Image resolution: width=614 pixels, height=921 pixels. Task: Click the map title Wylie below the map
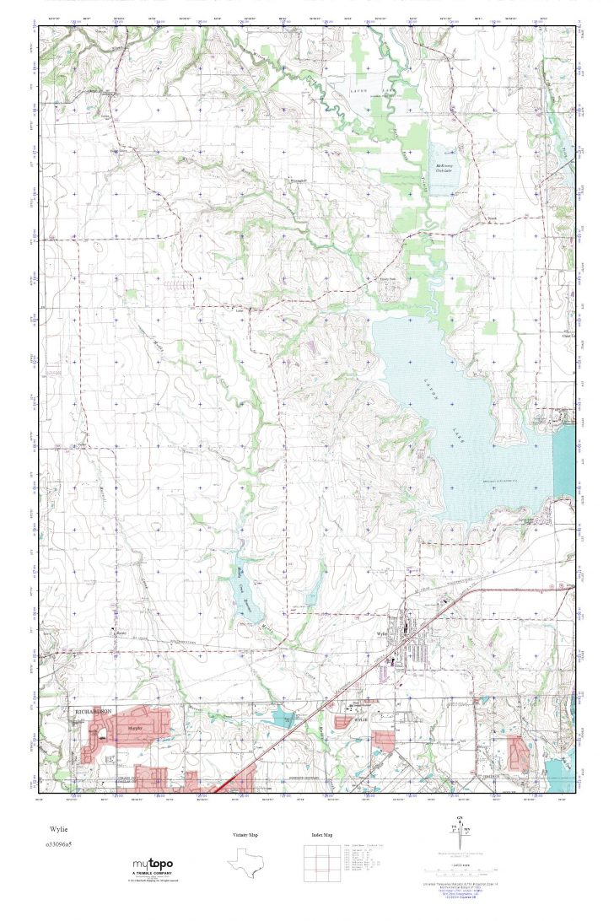(x=58, y=829)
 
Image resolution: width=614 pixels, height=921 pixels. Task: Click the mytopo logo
(x=153, y=865)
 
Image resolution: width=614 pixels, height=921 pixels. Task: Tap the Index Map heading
(x=321, y=835)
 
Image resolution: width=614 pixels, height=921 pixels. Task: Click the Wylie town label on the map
(x=381, y=634)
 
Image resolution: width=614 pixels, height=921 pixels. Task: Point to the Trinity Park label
(x=386, y=281)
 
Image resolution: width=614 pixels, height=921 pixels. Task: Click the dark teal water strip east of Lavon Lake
(x=563, y=464)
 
